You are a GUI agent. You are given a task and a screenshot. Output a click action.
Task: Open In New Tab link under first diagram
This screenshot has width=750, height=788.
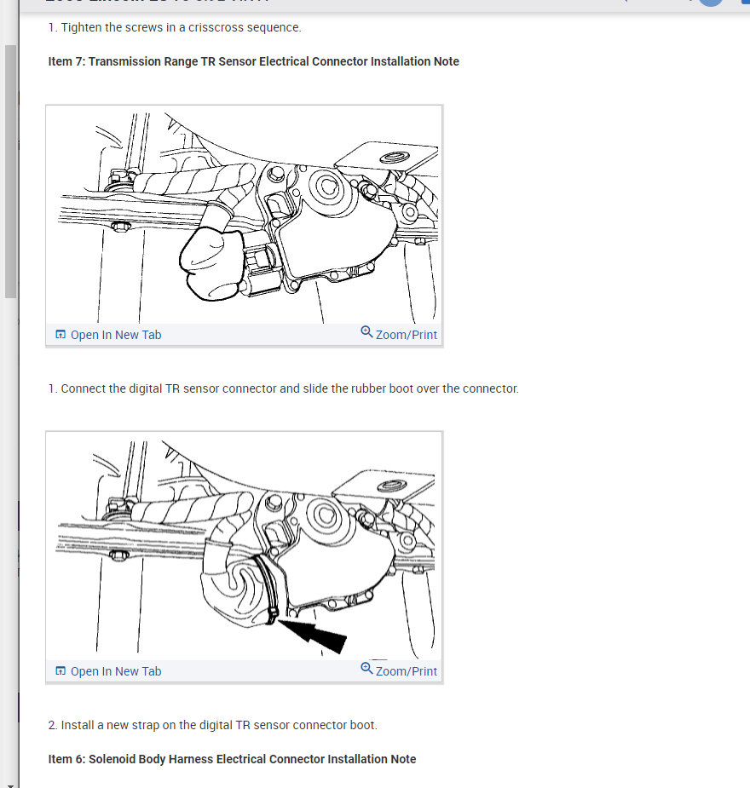click(x=115, y=335)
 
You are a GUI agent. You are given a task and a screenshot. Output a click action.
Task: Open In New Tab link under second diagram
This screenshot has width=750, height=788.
click(x=115, y=671)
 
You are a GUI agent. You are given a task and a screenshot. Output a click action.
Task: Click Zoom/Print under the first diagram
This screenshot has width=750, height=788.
click(x=406, y=335)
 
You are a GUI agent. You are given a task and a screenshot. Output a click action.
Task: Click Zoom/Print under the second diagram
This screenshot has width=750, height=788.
click(x=406, y=671)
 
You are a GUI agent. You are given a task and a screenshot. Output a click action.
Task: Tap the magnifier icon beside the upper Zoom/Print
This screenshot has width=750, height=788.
click(x=366, y=332)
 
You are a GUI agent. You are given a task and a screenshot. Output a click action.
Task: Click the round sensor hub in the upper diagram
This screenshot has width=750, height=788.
click(x=327, y=185)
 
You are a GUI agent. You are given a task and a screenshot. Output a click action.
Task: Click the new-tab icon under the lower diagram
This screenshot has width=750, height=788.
click(x=61, y=671)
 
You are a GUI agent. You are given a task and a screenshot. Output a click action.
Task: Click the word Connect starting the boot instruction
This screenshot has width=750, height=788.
click(x=84, y=388)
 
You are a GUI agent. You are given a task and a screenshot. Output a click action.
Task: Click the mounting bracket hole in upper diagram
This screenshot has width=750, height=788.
click(x=395, y=158)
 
